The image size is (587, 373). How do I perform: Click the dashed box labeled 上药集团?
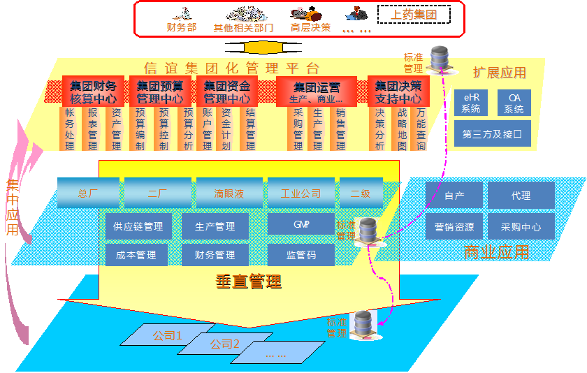point(414,13)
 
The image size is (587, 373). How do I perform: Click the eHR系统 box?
point(471,103)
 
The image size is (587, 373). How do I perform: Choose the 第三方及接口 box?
point(493,133)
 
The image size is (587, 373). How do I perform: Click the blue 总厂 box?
point(88,193)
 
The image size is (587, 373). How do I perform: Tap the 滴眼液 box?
point(229,193)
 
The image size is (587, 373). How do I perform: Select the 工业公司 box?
point(300,193)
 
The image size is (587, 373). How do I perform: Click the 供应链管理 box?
point(138,226)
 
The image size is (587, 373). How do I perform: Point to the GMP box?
point(300,224)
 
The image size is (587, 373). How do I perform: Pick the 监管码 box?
point(300,255)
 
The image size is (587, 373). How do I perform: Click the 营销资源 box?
point(454,227)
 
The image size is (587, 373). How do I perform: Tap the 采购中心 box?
point(521,227)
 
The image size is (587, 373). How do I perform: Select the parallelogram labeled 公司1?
point(167,336)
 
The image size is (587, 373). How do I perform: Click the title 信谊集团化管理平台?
point(231,68)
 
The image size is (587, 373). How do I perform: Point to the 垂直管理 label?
point(248,281)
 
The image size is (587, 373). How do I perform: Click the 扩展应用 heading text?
point(499,73)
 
